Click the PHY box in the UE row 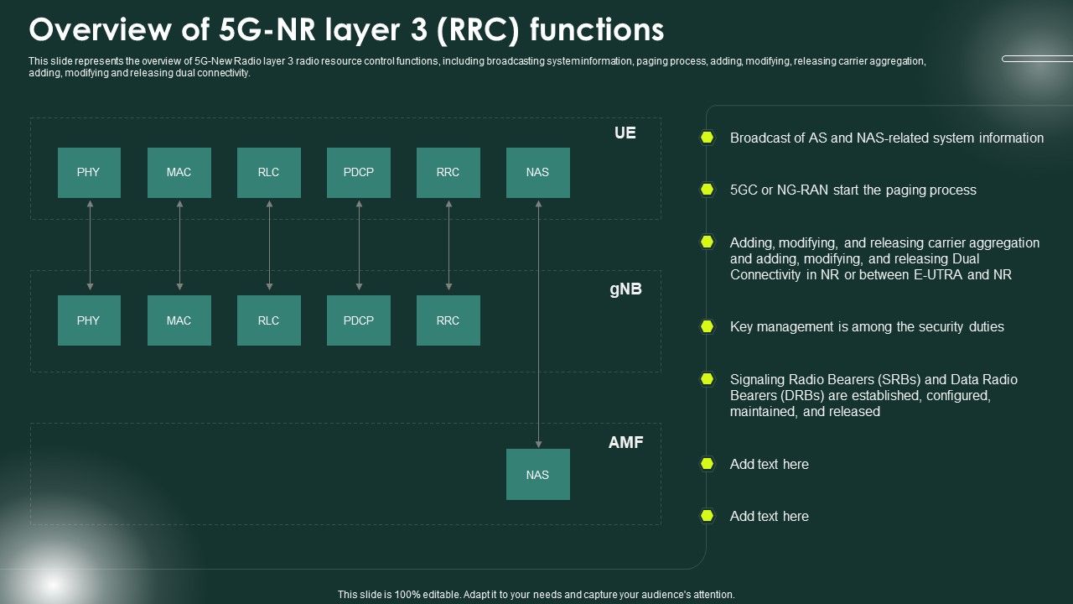(89, 173)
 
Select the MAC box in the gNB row (179, 320)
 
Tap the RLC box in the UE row (268, 173)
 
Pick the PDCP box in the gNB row (358, 320)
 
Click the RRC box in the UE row (448, 173)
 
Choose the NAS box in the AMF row (537, 475)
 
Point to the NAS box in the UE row (537, 173)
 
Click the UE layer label (625, 133)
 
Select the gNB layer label (625, 289)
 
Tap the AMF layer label (625, 443)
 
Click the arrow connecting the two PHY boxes (90, 246)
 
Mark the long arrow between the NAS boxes (538, 323)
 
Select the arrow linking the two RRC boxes (448, 246)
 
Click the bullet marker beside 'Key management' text (708, 326)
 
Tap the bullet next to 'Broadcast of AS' (708, 138)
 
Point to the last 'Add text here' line (769, 517)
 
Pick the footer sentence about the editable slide (536, 594)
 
